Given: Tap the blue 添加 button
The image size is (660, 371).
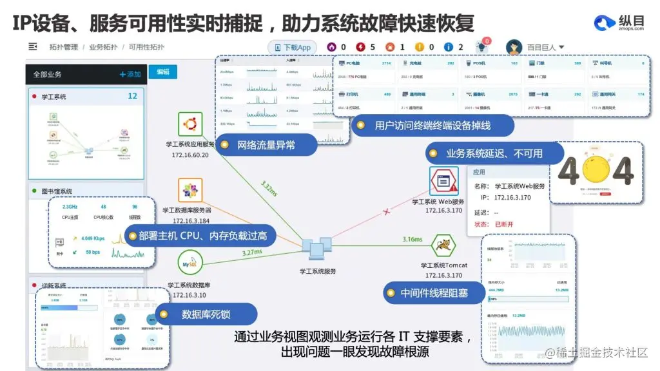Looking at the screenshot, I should click(x=130, y=74).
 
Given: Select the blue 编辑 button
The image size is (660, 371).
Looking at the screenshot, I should click(x=162, y=72).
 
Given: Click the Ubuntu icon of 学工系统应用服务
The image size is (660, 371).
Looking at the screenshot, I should click(x=190, y=124).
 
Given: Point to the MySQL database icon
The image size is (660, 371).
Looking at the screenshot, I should click(x=189, y=263).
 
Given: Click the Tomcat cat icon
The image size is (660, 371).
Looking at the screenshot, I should click(x=444, y=245).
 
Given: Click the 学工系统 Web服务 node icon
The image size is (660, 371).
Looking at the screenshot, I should click(x=443, y=181).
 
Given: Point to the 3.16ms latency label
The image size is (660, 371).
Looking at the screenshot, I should click(x=412, y=240).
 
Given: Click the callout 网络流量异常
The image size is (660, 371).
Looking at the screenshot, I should click(x=266, y=145).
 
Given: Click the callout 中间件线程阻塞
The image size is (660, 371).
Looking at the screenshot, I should click(x=433, y=293).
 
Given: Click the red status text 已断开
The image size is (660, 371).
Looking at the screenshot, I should click(x=504, y=224).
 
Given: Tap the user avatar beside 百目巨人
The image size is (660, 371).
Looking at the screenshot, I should click(x=514, y=47).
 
